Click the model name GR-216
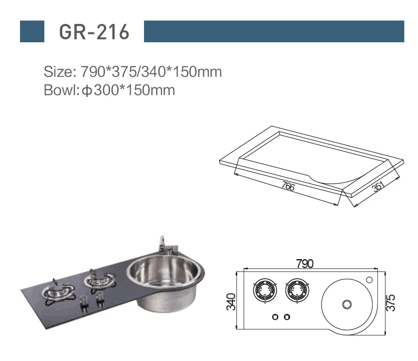[94, 32]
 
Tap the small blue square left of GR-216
[32, 31]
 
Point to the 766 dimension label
[288, 186]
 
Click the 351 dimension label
[378, 186]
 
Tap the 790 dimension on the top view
[305, 264]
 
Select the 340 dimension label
[231, 302]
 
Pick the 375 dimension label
[391, 303]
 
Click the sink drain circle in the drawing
[347, 304]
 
